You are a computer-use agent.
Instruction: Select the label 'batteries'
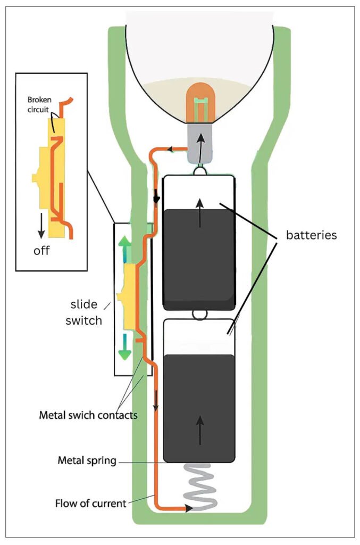click(311, 235)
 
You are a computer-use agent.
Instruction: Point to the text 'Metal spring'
click(87, 460)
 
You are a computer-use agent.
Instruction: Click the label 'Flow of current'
click(90, 502)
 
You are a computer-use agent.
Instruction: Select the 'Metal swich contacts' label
click(88, 414)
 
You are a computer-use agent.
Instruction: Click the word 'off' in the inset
click(41, 251)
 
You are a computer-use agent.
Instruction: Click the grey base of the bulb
click(200, 144)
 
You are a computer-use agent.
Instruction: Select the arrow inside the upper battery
click(200, 212)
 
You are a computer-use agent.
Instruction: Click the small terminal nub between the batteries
click(199, 315)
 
